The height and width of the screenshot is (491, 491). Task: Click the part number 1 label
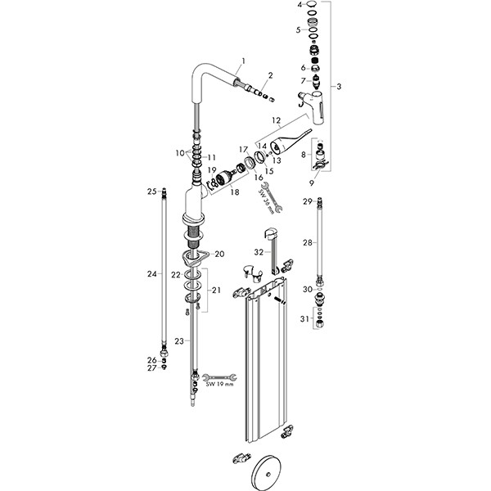pyautogui.click(x=244, y=61)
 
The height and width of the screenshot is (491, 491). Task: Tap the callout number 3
pyautogui.click(x=339, y=86)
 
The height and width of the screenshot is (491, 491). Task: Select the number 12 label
pyautogui.click(x=277, y=120)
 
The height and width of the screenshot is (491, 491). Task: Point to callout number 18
pyautogui.click(x=235, y=191)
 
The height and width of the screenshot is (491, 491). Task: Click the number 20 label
pyautogui.click(x=219, y=254)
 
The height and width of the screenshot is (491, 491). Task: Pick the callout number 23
pyautogui.click(x=179, y=341)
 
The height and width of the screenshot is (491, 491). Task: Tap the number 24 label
pyautogui.click(x=152, y=274)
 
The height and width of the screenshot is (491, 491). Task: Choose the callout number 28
pyautogui.click(x=308, y=242)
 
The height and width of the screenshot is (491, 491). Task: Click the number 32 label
pyautogui.click(x=259, y=252)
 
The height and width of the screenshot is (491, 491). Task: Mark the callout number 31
pyautogui.click(x=304, y=319)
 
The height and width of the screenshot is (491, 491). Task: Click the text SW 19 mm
pyautogui.click(x=219, y=385)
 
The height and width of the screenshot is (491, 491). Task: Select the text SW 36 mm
pyautogui.click(x=266, y=201)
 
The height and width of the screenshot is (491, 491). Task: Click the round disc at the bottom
pyautogui.click(x=267, y=475)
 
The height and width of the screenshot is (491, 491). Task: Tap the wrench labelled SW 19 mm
pyautogui.click(x=219, y=377)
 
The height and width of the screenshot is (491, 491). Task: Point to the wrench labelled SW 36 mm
pyautogui.click(x=272, y=197)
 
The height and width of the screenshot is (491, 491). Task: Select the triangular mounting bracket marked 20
pyautogui.click(x=193, y=257)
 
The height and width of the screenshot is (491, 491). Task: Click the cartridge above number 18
pyautogui.click(x=224, y=179)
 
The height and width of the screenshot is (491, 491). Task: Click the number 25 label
pyautogui.click(x=152, y=191)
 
